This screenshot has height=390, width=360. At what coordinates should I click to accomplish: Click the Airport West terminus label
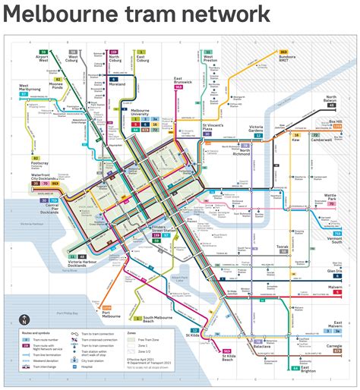point(43,58)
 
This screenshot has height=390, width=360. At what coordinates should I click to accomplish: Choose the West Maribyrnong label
point(33,88)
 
